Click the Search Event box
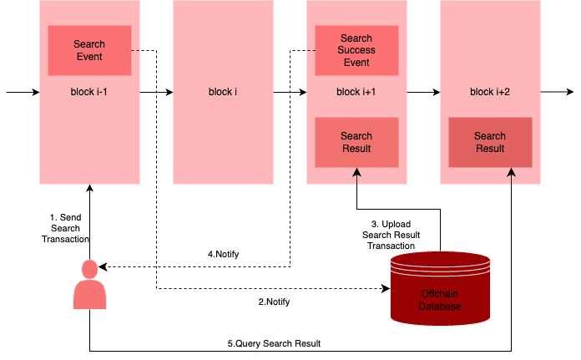89,50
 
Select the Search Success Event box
356,50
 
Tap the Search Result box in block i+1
356,142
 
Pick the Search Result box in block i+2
490,142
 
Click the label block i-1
89,92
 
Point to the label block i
223,92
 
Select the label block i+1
356,92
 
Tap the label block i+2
490,92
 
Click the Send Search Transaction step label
65,228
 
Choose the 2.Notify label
274,302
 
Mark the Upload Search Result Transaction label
391,235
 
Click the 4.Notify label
223,254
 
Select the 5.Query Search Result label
274,343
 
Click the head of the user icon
89,269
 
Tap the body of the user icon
89,295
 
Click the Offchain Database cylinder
440,288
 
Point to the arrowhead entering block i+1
356,173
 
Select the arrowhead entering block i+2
512,173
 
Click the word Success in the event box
356,50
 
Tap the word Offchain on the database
440,295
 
